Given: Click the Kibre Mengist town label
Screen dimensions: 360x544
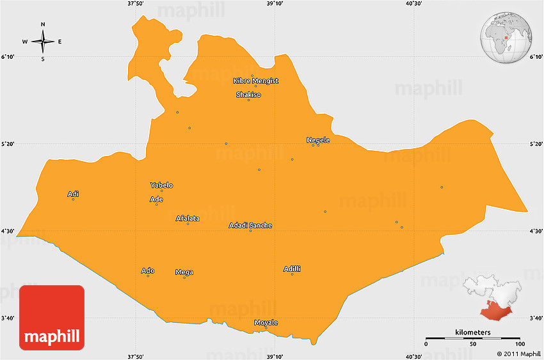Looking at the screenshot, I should click(256, 81).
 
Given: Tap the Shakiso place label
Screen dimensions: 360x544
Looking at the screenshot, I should click(248, 95).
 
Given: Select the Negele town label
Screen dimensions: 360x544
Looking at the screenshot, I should click(318, 140).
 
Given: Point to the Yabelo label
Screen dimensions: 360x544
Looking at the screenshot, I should click(161, 185).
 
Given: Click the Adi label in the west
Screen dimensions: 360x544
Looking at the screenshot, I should click(73, 194).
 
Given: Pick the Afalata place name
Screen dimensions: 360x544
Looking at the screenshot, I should click(188, 219).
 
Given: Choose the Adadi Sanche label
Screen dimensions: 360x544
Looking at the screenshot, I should click(250, 226).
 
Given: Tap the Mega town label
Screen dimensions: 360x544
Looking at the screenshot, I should click(184, 272).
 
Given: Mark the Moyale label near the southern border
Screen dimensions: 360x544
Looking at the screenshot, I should click(266, 323).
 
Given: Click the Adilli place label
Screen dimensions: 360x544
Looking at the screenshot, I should click(292, 269).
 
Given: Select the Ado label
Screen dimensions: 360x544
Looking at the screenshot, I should click(147, 271).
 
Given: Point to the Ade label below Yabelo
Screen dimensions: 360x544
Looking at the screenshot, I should click(156, 200).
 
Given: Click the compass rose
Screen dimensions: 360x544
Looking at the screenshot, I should click(43, 42).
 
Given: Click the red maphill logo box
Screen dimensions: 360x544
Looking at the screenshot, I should click(52, 318).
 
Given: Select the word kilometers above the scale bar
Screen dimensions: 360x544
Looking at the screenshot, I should click(473, 333).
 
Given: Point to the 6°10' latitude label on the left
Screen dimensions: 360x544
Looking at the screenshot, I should click(8, 57).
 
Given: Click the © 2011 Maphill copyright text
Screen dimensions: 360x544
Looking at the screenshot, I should click(518, 354).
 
